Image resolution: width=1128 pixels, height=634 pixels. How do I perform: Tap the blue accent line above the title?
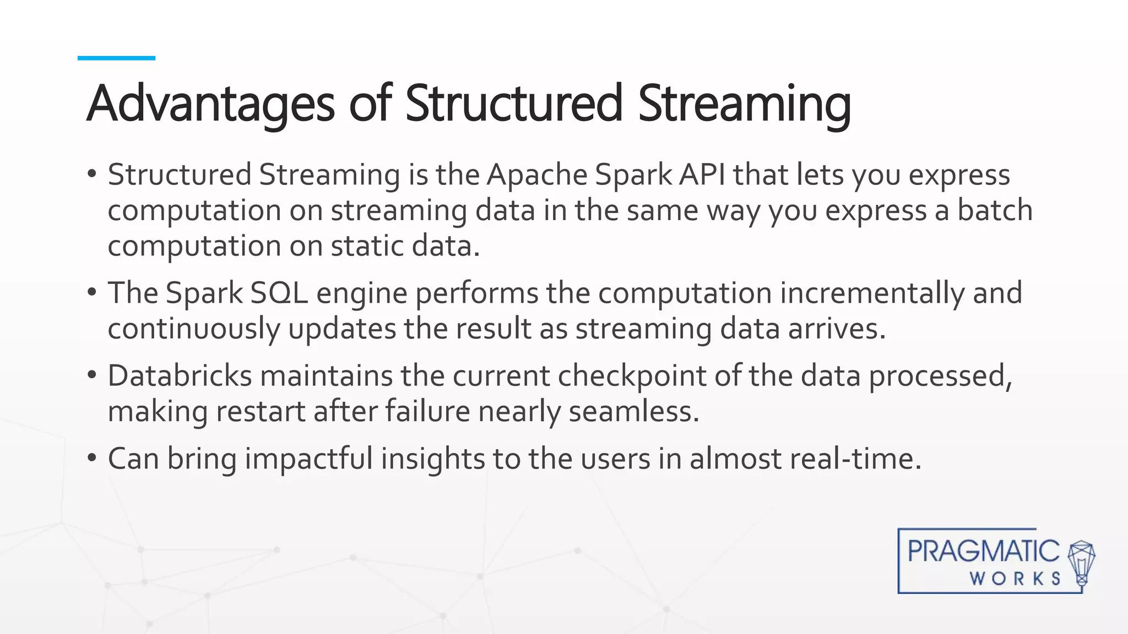[116, 58]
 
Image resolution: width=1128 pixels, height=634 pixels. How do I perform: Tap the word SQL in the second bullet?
[279, 293]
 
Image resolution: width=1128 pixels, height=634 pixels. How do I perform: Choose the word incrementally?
[871, 293]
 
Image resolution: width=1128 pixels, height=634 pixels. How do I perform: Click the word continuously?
[193, 329]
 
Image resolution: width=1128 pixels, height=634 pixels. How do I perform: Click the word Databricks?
[180, 376]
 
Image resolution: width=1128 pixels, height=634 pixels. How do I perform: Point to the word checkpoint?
[632, 376]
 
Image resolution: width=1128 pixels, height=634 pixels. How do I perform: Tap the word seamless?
[633, 412]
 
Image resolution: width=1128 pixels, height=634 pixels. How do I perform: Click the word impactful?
[309, 458]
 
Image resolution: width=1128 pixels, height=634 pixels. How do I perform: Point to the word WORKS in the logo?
[1015, 578]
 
